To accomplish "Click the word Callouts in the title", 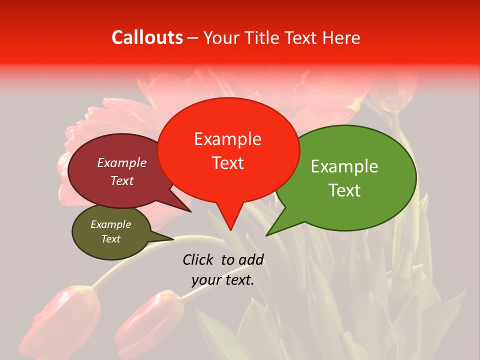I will click(147, 37).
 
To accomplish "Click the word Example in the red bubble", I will click(227, 139).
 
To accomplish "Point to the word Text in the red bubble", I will click(227, 163).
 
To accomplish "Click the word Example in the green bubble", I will click(344, 166).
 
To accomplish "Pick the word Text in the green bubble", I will click(344, 190).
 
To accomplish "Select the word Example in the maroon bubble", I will click(122, 162).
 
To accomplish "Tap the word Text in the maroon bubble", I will click(122, 180).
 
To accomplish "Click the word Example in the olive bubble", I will click(110, 224).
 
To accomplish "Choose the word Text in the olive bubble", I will click(110, 239).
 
